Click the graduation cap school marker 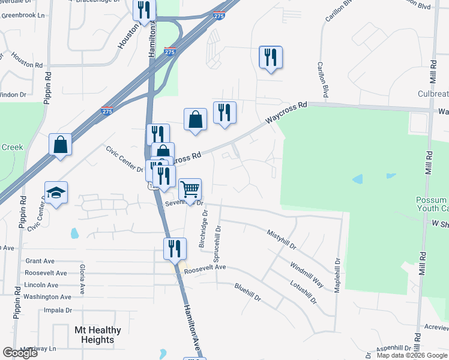pyautogui.click(x=56, y=193)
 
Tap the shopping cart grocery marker pyautogui.click(x=190, y=190)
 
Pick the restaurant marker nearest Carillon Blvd pyautogui.click(x=270, y=58)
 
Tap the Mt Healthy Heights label pyautogui.click(x=97, y=335)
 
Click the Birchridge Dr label pyautogui.click(x=203, y=228)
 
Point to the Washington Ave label pyautogui.click(x=48, y=297)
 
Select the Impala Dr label pyautogui.click(x=58, y=310)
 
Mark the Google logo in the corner pyautogui.click(x=20, y=353)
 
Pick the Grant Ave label pyautogui.click(x=40, y=261)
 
